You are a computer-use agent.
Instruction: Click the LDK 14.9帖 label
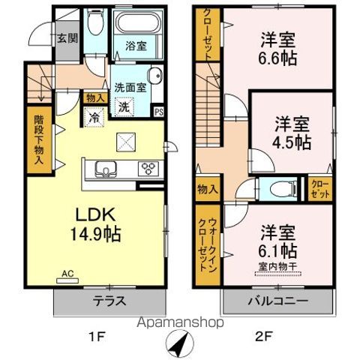pyautogui.click(x=93, y=223)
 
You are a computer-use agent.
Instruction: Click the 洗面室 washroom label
pyautogui.click(x=129, y=85)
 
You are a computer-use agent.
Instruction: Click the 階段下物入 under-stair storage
pyautogui.click(x=37, y=139)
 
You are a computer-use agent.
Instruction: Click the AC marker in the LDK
pyautogui.click(x=66, y=276)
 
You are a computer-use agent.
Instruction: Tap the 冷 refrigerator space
pyautogui.click(x=95, y=116)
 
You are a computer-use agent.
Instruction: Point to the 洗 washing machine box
pyautogui.click(x=124, y=106)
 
